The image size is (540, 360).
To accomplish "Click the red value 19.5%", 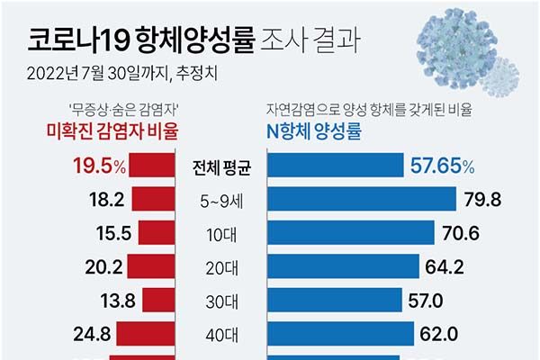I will click(99, 166).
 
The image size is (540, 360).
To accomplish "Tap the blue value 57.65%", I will click(442, 166).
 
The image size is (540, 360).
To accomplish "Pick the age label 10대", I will click(214, 233).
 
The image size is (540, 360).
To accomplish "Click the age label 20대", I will click(214, 266).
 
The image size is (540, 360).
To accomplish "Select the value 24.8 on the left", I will click(93, 335).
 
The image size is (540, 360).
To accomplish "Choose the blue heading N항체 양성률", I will click(317, 132).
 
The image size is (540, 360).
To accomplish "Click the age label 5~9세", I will click(214, 200).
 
